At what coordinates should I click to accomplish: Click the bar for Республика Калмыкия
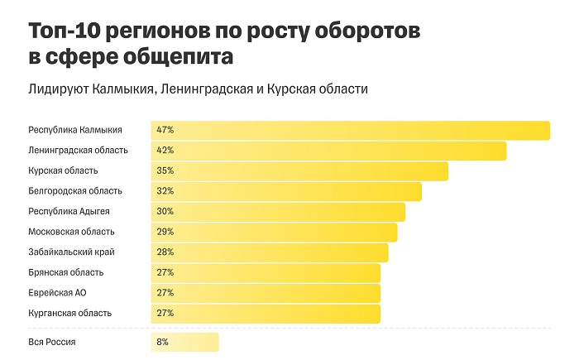tap(351, 130)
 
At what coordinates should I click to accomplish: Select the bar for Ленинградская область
tap(328, 151)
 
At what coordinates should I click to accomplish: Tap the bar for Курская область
tap(299, 170)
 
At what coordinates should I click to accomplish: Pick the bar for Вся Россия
tap(184, 342)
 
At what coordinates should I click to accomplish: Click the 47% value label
tap(164, 130)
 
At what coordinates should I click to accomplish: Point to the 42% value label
tap(164, 151)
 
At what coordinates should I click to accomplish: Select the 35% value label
tap(164, 170)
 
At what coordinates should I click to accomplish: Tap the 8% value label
tap(161, 342)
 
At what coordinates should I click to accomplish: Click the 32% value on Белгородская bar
tap(164, 191)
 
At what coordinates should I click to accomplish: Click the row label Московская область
tap(71, 232)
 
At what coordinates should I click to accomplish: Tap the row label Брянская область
tap(66, 272)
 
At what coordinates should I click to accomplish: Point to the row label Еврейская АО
tap(58, 293)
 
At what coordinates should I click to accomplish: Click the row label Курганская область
tap(69, 313)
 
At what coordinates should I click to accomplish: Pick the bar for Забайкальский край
tap(270, 252)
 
